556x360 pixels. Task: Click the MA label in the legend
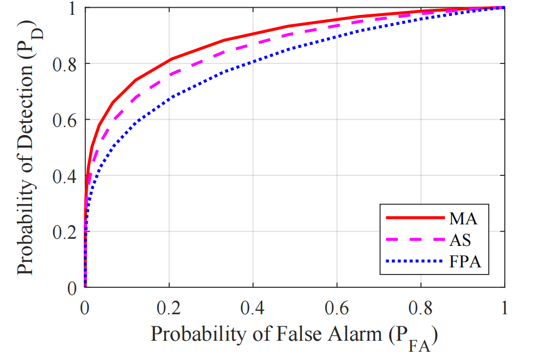pyautogui.click(x=463, y=218)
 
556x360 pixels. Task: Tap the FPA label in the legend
pyautogui.click(x=466, y=262)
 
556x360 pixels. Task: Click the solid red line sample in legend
pyautogui.click(x=414, y=218)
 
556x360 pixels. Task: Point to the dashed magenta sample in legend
pyautogui.click(x=414, y=240)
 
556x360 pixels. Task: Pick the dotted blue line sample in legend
pyautogui.click(x=414, y=262)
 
